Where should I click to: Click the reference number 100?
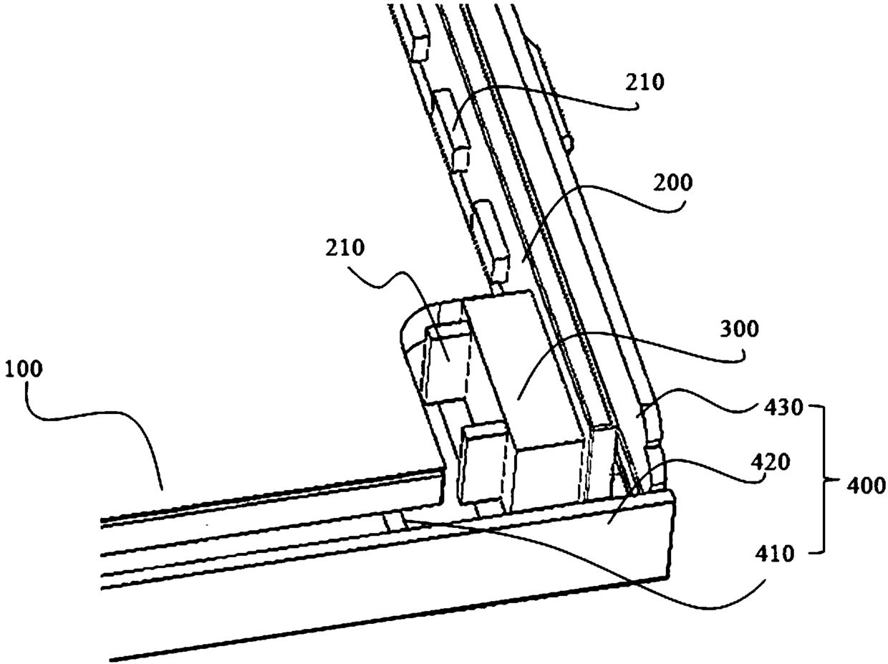(24, 370)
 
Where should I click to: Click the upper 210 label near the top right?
(643, 83)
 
